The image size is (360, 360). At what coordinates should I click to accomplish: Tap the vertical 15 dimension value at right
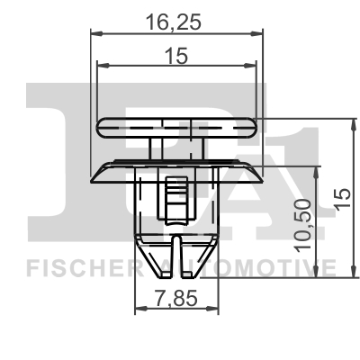pyautogui.click(x=338, y=199)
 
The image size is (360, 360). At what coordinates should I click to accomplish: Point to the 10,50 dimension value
pyautogui.click(x=303, y=222)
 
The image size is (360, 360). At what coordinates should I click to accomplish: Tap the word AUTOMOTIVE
pyautogui.click(x=261, y=266)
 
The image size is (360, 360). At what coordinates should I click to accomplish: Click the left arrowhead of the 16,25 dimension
pyautogui.click(x=97, y=34)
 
